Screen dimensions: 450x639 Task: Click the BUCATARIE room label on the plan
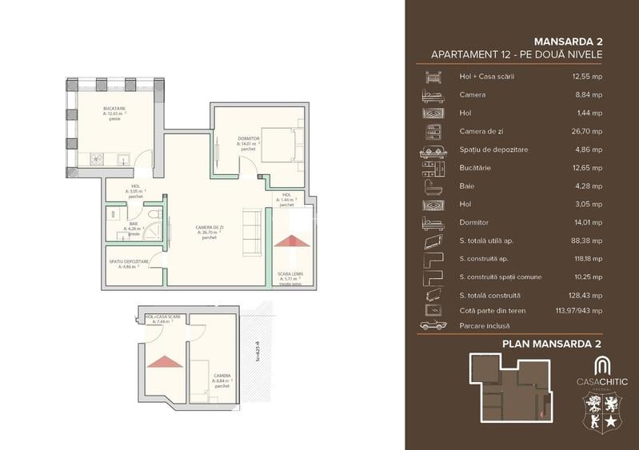[x=114, y=107]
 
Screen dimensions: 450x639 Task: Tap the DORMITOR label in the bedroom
[x=249, y=139]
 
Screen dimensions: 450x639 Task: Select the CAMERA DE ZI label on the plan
[x=210, y=229]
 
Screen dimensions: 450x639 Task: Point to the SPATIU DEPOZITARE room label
[x=128, y=261]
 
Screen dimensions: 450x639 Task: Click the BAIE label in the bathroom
[x=123, y=225]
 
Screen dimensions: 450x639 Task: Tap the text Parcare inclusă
[x=484, y=325]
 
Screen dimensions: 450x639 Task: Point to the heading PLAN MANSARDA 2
[x=551, y=344]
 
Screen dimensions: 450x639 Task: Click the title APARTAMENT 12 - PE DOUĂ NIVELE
[x=516, y=54]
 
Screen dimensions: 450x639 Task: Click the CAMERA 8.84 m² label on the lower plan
[x=222, y=378]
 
